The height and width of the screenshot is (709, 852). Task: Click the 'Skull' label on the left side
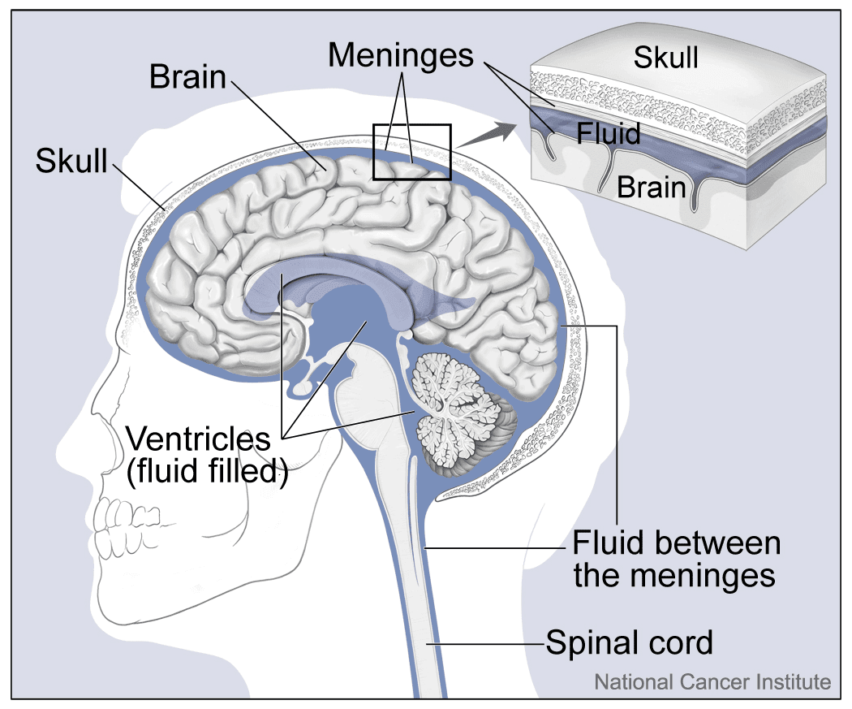coord(71,160)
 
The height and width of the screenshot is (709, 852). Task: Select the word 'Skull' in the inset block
coord(665,58)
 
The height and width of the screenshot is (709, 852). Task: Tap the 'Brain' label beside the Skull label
coord(187,77)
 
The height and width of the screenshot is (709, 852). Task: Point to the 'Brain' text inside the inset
coord(652,186)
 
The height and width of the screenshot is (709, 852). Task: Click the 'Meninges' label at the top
coord(401,55)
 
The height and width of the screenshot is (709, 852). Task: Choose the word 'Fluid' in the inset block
coord(609,132)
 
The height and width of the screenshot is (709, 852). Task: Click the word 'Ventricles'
coord(198,439)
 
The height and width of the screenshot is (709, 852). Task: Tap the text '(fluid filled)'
coord(208,471)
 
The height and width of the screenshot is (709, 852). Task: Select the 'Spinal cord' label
coord(629,642)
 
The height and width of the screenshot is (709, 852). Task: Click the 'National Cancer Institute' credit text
coord(712,681)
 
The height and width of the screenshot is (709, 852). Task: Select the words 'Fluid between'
coord(676,543)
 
